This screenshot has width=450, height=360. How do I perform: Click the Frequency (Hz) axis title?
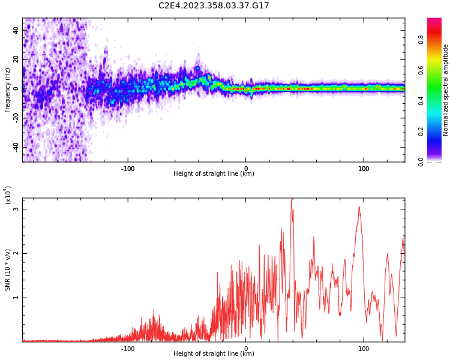point(8,89)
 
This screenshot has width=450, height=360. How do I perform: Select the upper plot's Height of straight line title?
point(214,174)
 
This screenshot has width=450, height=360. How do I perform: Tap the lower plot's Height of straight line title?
point(214,353)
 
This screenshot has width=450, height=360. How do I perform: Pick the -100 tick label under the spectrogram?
point(128,169)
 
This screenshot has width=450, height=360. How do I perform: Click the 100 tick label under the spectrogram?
point(364,169)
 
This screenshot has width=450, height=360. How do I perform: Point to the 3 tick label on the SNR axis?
point(17,209)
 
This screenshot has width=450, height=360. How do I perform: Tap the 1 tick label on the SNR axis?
point(17,298)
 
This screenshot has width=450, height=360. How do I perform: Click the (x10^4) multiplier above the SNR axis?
point(8,196)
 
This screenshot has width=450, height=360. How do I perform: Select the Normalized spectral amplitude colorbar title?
point(446,89)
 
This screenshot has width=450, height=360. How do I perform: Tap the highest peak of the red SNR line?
point(292,199)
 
